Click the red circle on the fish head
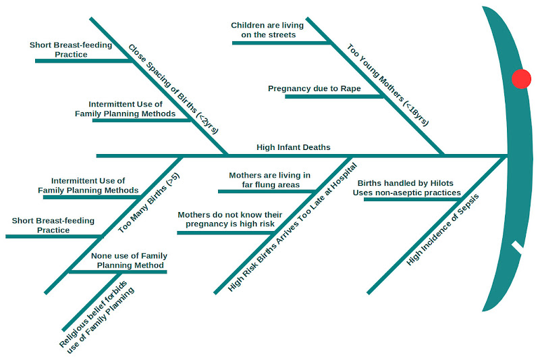[x=521, y=79]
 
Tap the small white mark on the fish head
[x=518, y=248]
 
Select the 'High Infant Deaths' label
[x=294, y=147]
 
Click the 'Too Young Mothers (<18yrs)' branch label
[x=387, y=85]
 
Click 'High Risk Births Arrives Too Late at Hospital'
[x=292, y=226]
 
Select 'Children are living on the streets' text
[x=267, y=30]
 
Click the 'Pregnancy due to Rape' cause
[x=314, y=88]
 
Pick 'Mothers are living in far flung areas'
[x=269, y=180]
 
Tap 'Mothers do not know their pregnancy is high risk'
[x=226, y=219]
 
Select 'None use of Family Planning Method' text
[x=130, y=261]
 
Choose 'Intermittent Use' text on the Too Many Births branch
[x=88, y=181]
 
